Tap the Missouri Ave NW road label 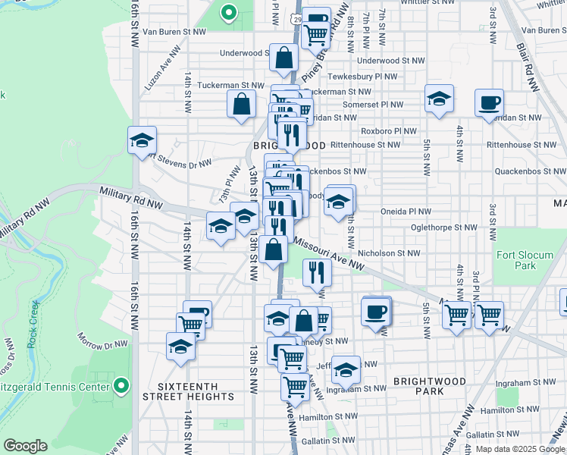click(x=327, y=256)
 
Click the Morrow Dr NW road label click(x=103, y=340)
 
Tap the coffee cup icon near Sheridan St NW click(x=490, y=102)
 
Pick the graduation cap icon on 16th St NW click(x=141, y=140)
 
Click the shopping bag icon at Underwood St click(x=283, y=58)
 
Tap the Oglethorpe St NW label click(x=443, y=227)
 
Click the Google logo click(x=25, y=446)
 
